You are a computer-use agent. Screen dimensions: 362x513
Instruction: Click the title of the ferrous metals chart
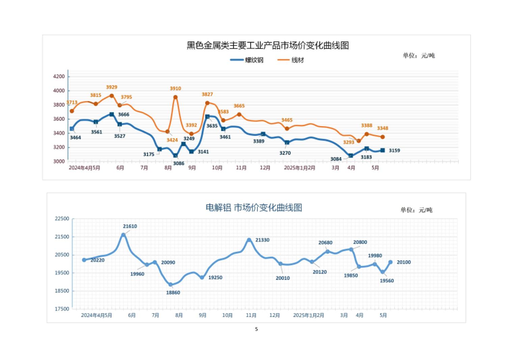268,46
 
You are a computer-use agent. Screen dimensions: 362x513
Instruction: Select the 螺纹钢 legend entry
254,60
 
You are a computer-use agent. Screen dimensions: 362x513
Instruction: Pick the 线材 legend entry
297,60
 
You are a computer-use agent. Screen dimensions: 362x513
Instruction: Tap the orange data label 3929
112,87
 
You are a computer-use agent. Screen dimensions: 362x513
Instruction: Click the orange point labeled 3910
175,97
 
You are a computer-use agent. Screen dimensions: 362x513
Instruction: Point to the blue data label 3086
179,163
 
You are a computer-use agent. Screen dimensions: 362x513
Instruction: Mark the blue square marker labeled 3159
382,150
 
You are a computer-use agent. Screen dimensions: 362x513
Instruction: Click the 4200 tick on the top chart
59,77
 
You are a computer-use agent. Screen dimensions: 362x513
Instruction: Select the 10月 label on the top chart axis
217,168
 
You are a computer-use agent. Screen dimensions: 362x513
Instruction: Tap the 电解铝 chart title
254,208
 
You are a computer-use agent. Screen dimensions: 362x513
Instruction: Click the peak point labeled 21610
124,235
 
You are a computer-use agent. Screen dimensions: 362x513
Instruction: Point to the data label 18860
173,293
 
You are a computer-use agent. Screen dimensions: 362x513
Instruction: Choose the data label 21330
262,240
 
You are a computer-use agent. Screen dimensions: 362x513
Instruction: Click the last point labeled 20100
390,262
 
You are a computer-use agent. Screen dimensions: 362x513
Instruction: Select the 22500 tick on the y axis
62,219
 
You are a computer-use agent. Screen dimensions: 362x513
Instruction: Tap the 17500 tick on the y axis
62,309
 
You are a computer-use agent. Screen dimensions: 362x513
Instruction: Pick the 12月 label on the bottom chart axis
275,315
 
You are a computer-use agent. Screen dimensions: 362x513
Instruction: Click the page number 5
256,329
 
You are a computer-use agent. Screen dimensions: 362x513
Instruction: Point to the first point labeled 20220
84,260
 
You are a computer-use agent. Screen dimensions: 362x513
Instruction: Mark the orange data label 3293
349,142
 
